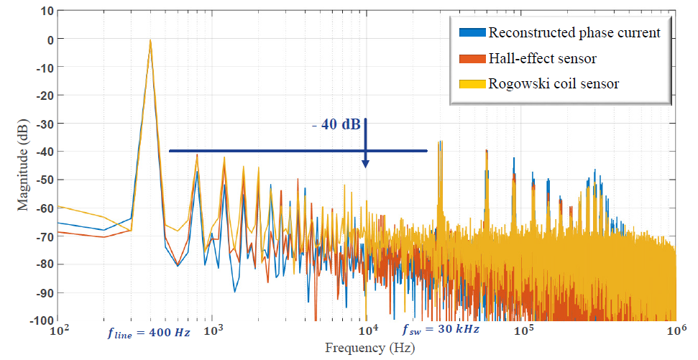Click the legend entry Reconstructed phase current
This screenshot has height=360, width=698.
[574, 32]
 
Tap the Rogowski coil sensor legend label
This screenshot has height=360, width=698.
[554, 84]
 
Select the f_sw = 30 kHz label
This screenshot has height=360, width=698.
[440, 330]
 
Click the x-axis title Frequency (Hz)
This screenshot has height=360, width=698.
[366, 349]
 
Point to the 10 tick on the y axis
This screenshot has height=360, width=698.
[46, 11]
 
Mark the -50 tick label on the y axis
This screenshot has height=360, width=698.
[43, 180]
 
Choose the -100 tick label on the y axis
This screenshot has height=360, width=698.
[40, 320]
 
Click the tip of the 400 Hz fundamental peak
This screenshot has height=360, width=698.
[150, 40]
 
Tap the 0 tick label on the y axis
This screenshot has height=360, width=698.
[49, 40]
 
